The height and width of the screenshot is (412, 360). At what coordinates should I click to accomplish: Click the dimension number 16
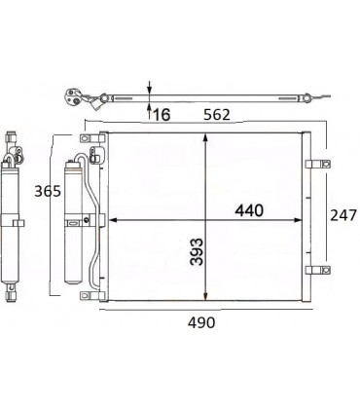161,114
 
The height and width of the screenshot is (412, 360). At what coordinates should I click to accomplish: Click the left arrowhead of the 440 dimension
110,217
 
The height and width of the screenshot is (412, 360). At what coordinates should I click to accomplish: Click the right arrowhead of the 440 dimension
298,217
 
